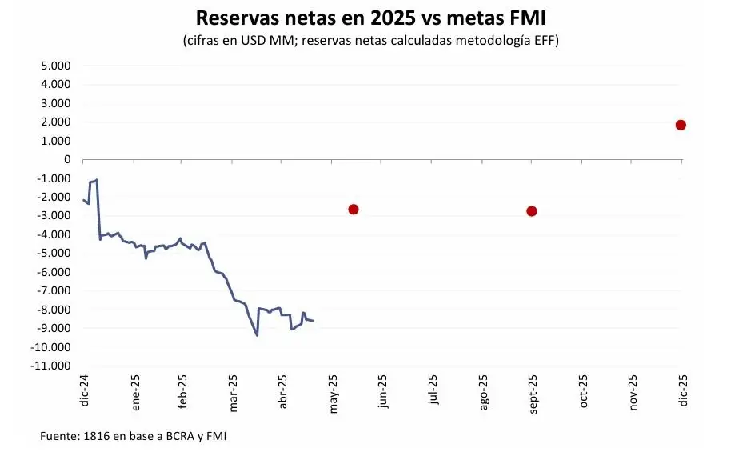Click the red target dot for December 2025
681,125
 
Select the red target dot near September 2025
532,211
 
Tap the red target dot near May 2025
354,210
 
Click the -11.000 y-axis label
49,366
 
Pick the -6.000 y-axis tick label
52,272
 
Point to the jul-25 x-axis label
433,392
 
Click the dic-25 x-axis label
682,392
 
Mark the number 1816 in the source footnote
94,436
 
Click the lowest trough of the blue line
257,334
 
